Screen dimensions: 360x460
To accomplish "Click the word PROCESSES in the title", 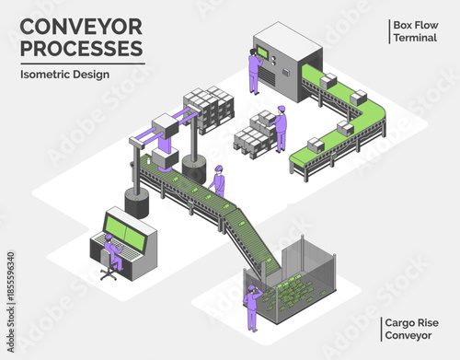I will coord(82,46).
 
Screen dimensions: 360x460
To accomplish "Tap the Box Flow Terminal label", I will coord(413,30).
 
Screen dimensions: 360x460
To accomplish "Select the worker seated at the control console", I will coord(109,251).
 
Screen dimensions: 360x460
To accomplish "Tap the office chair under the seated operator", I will coord(109,270).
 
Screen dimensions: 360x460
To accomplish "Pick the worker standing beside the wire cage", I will coord(251,304).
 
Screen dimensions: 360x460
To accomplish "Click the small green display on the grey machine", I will coord(265,53).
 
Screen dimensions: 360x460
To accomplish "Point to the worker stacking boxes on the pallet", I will coord(280,127).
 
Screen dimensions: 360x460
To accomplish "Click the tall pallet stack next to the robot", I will coord(208,109).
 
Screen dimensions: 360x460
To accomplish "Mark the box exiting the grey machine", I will coord(328,81).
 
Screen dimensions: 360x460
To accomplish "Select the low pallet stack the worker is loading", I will coord(253,133).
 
